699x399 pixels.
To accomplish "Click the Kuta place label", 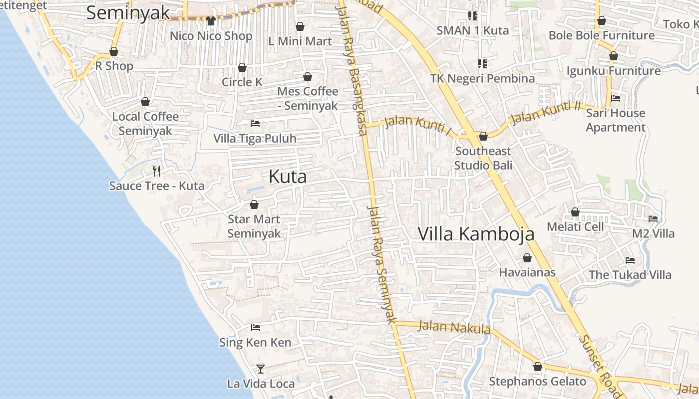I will (x=288, y=177).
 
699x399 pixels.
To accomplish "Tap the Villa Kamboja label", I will (x=476, y=234).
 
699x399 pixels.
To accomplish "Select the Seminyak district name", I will (x=128, y=13).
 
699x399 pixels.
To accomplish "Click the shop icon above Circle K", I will (x=242, y=67).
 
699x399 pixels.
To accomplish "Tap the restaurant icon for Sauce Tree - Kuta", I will (x=157, y=171).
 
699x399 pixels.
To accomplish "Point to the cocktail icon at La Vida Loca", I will (x=260, y=369).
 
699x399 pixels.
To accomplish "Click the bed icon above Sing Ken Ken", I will (x=256, y=328).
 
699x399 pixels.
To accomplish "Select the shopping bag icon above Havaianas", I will (x=527, y=258).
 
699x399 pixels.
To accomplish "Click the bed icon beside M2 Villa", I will (x=653, y=218).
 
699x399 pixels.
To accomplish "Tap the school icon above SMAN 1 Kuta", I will (x=472, y=16).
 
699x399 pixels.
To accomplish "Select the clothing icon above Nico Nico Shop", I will (x=210, y=21).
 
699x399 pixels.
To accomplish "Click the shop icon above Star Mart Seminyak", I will (x=254, y=204).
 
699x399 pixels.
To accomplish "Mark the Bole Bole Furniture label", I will (x=601, y=35).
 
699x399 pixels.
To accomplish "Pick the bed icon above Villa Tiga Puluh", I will (x=255, y=123).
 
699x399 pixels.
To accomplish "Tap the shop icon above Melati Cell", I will (x=575, y=212).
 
